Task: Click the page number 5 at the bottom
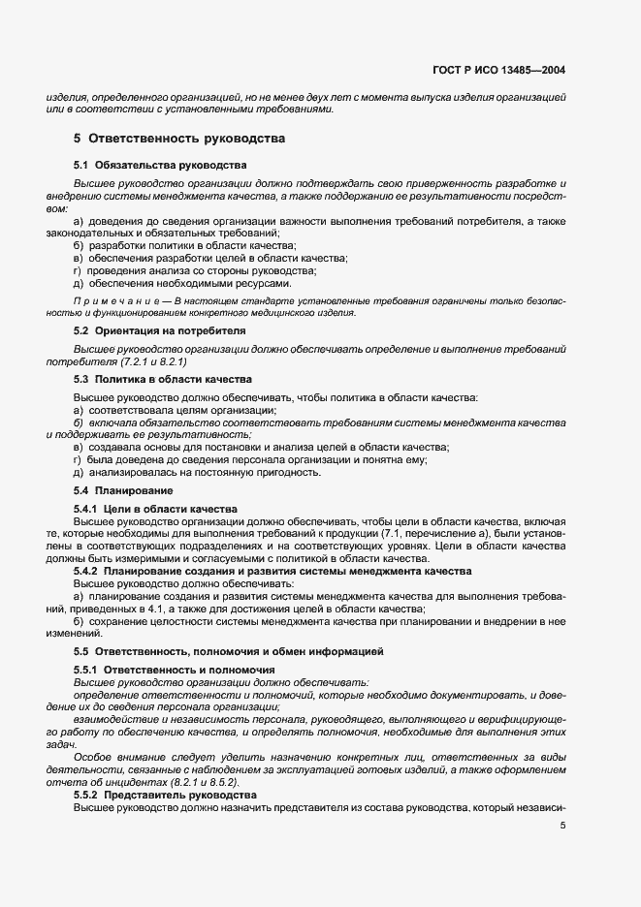(x=563, y=826)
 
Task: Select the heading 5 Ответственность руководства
(x=179, y=139)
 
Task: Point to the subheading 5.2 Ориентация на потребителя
(x=160, y=331)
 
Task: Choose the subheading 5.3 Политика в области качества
(x=163, y=379)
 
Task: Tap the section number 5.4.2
(x=87, y=572)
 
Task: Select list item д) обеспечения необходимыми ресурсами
(x=181, y=284)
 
